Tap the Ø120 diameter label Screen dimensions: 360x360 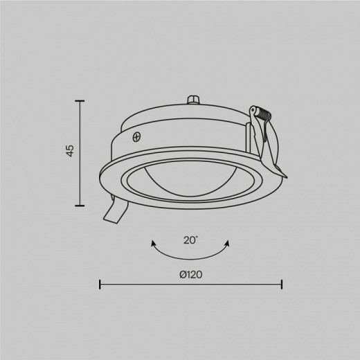click(x=190, y=274)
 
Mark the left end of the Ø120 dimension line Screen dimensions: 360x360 click(x=100, y=284)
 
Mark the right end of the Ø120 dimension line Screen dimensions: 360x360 click(x=282, y=284)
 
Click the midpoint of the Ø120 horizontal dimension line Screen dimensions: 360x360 click(x=191, y=284)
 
